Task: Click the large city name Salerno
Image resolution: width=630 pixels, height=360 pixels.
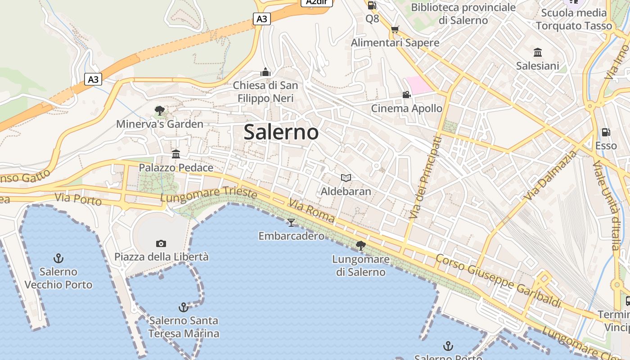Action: [x=281, y=132]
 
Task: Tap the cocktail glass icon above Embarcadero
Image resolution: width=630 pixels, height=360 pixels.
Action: [x=291, y=222]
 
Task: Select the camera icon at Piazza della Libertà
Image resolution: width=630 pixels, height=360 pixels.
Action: [x=161, y=243]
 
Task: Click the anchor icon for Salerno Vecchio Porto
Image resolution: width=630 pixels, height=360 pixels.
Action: [x=58, y=258]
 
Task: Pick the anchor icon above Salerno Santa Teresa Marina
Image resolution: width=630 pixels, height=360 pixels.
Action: [x=183, y=307]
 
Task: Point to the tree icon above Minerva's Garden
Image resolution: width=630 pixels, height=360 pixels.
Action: [x=159, y=111]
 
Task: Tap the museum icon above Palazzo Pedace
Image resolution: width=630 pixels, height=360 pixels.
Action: [x=176, y=154]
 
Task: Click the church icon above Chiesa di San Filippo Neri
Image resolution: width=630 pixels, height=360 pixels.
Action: [x=265, y=72]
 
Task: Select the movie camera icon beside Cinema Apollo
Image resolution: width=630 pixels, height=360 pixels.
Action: [x=406, y=94]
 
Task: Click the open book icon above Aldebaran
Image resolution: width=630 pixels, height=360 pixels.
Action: [x=346, y=178]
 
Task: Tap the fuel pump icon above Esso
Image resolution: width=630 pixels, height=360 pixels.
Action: [x=606, y=132]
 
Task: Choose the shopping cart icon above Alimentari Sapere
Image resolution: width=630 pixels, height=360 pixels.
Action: [x=395, y=30]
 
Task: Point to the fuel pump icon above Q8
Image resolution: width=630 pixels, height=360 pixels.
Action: [x=372, y=5]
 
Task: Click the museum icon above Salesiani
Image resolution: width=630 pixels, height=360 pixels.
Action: [x=537, y=52]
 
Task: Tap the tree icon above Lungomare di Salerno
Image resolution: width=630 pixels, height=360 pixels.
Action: [x=360, y=246]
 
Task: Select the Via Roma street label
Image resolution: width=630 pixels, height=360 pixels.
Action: [x=311, y=211]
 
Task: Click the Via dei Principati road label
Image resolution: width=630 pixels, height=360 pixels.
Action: [x=426, y=177]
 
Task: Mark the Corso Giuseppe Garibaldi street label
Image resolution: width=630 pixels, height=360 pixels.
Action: [x=498, y=280]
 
